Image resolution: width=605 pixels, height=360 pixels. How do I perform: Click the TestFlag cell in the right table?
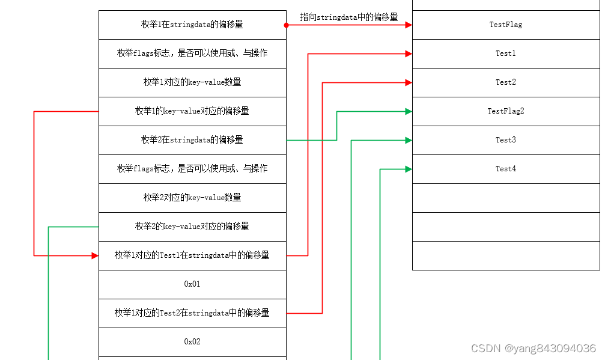(x=505, y=25)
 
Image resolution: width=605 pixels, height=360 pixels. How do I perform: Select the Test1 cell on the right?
(x=505, y=53)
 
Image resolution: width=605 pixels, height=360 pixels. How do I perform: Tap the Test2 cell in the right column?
(x=505, y=82)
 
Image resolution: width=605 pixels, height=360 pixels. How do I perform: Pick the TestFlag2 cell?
(x=505, y=111)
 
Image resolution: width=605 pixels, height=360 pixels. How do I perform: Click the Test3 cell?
(x=505, y=140)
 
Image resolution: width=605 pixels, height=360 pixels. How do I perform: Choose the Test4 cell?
(x=505, y=169)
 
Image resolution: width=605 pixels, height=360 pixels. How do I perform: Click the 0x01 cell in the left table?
(x=192, y=284)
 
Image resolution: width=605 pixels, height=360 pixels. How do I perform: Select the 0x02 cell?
(x=192, y=342)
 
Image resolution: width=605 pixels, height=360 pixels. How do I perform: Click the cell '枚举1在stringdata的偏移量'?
(x=192, y=25)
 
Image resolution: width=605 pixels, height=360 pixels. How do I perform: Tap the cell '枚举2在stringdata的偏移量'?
(x=192, y=140)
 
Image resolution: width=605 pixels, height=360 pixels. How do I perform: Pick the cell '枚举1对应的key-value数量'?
(x=192, y=82)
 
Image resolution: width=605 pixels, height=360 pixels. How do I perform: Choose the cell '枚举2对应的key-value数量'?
(x=192, y=198)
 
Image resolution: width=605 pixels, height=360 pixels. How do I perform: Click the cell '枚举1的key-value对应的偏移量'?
(x=192, y=111)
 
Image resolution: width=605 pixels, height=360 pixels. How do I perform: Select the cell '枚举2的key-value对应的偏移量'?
(x=192, y=227)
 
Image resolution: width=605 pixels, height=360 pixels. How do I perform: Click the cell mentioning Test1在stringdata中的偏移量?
(x=192, y=255)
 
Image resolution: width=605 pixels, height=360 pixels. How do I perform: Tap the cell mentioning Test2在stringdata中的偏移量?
(x=192, y=313)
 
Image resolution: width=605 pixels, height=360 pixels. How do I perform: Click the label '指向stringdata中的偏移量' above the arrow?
(x=349, y=17)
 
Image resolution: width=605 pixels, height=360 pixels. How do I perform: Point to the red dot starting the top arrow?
(x=287, y=25)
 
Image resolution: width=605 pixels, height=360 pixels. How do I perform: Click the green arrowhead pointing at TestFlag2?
(x=409, y=111)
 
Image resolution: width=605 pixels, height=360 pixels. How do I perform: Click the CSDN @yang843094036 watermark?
(x=534, y=349)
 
